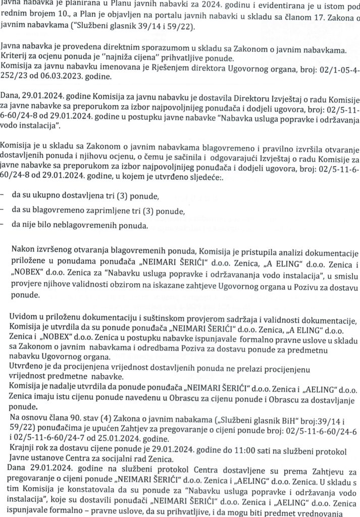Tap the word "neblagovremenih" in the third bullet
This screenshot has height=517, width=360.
point(94,225)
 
